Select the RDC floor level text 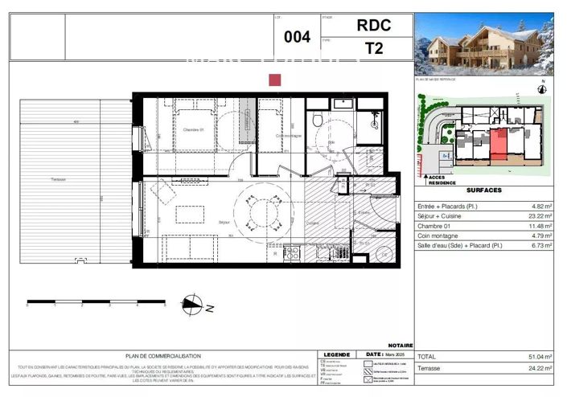tap(373, 25)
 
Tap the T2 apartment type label tap(374, 48)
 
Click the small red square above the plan tap(274, 80)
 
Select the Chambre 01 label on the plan tap(191, 130)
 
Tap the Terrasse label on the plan tap(57, 179)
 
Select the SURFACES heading tap(483, 190)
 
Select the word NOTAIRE tap(400, 345)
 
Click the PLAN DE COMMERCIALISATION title tap(163, 356)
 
